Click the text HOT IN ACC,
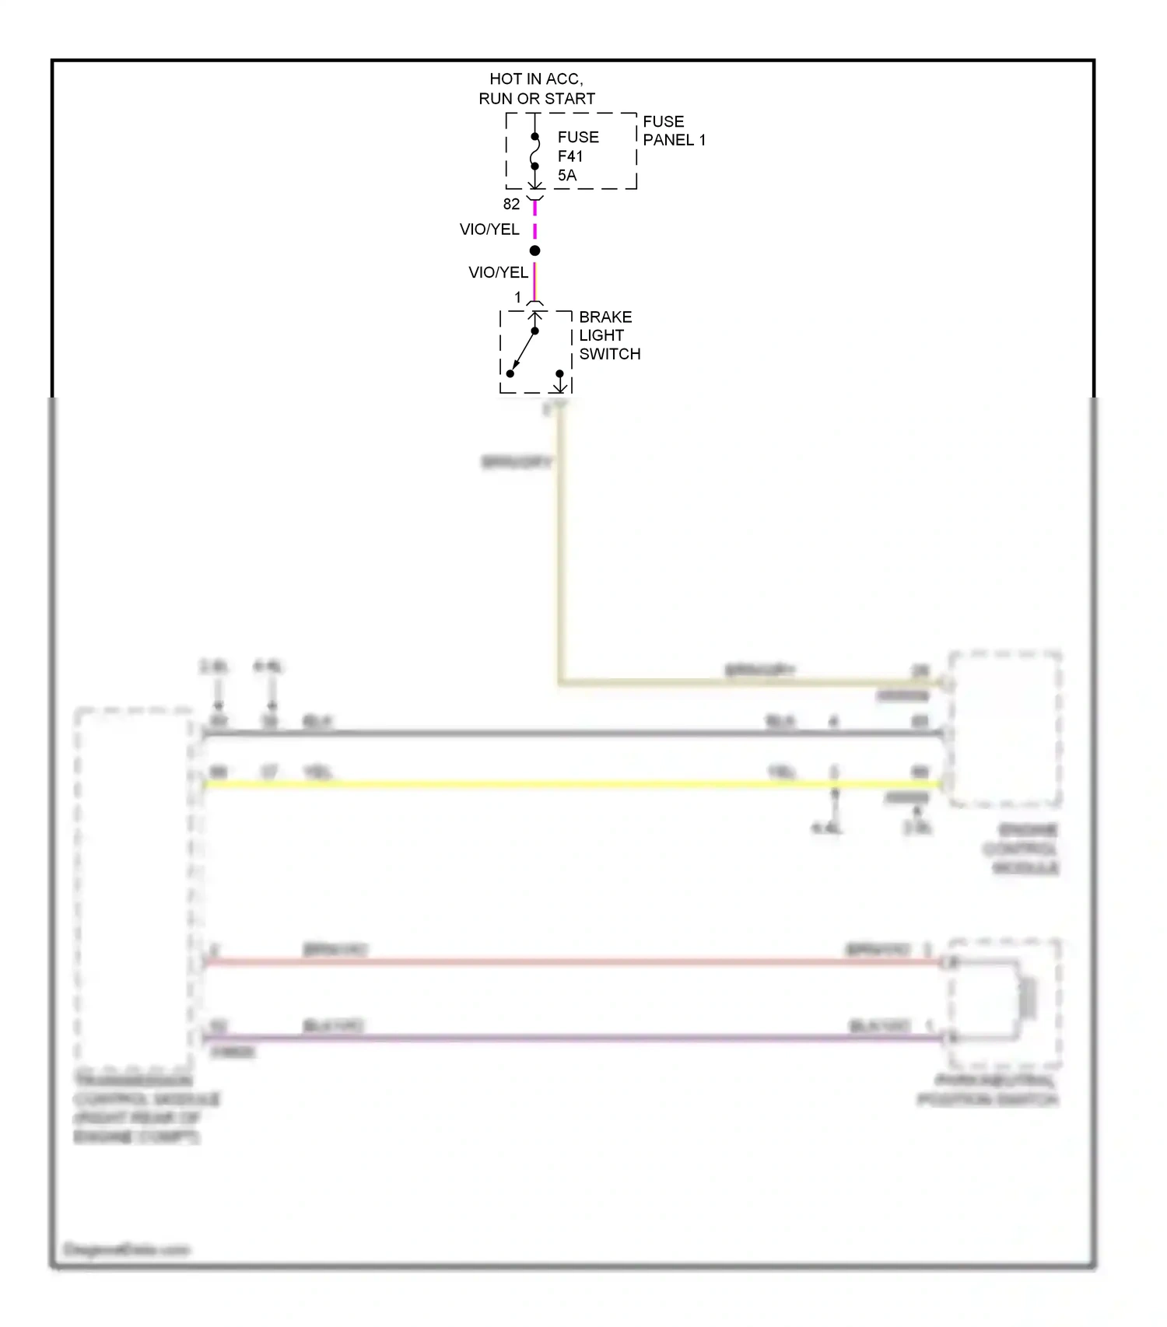coord(536,79)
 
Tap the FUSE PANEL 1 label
coord(673,131)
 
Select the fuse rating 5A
coord(567,176)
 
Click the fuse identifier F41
coord(570,156)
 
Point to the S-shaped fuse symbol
coord(535,152)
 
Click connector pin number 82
coord(511,205)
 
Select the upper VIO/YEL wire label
coord(489,229)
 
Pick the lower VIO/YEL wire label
coord(498,272)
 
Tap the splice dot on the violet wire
coord(535,250)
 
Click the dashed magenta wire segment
coord(535,220)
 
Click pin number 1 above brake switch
coord(518,298)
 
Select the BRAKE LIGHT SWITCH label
coord(608,335)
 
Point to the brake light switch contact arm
coord(524,351)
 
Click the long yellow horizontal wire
coord(545,784)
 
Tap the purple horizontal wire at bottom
coord(545,1038)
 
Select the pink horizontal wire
coord(545,962)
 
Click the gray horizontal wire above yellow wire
coord(545,733)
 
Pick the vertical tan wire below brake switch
coord(559,544)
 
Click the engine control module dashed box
coord(1004,729)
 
